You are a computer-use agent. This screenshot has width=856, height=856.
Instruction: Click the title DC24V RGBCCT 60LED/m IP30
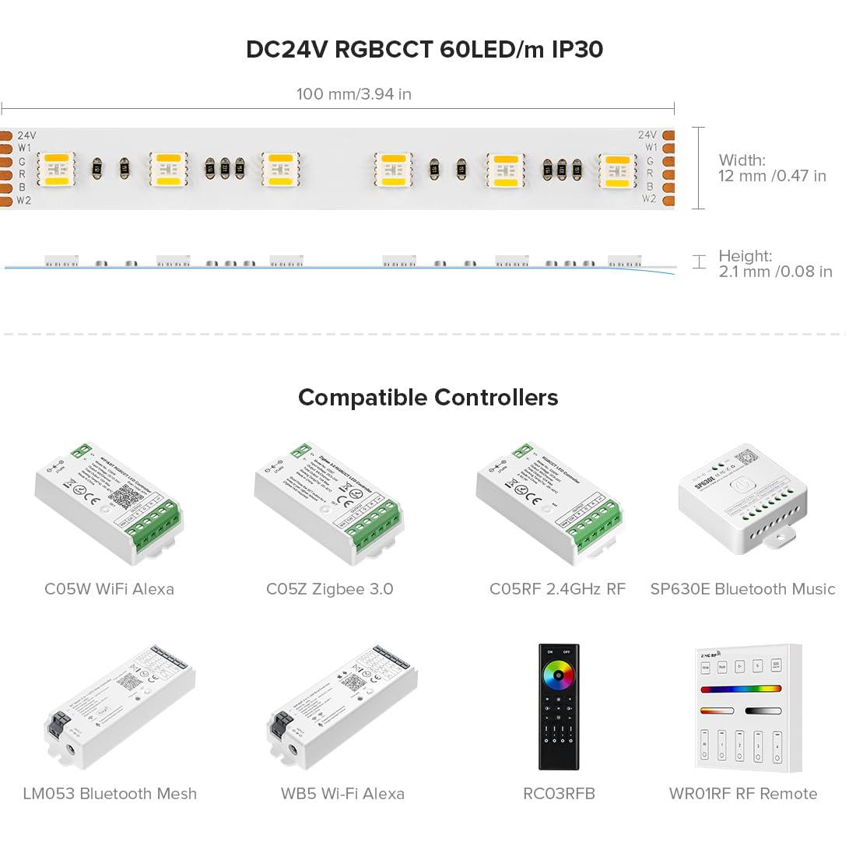pos(424,50)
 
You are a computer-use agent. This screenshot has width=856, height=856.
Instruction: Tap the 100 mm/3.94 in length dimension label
pos(354,94)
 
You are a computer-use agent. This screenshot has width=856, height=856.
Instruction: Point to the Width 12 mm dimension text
pos(772,168)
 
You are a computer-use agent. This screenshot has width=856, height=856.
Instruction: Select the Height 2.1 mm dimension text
pos(775,264)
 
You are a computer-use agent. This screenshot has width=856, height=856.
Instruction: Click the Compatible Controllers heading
pos(428,398)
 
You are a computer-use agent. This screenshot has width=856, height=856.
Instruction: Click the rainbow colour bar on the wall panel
pos(740,689)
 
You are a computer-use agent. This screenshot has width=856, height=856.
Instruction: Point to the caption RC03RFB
pos(559,794)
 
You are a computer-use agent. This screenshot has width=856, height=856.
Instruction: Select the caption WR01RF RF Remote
pos(743,794)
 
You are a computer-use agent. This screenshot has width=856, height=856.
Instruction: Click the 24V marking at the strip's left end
pos(26,135)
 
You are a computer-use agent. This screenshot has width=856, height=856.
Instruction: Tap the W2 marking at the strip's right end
pos(650,199)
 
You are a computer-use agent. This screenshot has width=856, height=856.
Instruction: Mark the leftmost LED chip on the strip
pos(56,169)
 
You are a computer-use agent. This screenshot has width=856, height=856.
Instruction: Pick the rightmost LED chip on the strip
pos(617,169)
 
